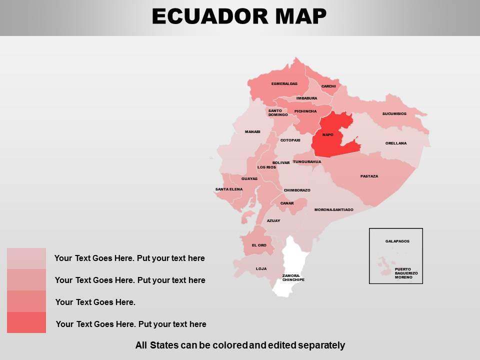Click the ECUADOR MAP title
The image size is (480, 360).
[239, 16]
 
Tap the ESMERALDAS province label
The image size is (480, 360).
[284, 83]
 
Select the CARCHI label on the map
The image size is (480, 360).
[328, 86]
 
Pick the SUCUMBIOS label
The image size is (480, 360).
[394, 113]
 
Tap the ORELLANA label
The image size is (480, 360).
[396, 143]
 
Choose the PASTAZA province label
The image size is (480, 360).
[369, 176]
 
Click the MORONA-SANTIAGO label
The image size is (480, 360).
[333, 209]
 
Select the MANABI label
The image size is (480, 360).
[252, 131]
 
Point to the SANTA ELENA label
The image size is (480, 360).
[229, 189]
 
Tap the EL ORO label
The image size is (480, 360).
[259, 245]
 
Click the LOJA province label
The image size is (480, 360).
[261, 268]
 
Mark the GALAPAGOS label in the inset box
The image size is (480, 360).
[397, 241]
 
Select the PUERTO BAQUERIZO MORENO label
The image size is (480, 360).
[406, 273]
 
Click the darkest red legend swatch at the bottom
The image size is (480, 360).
[26, 322]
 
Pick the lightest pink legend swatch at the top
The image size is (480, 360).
[26, 258]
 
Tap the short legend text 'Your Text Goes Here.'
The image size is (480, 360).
[95, 302]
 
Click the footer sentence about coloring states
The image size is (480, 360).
[240, 345]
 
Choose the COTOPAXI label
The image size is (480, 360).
[290, 140]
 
